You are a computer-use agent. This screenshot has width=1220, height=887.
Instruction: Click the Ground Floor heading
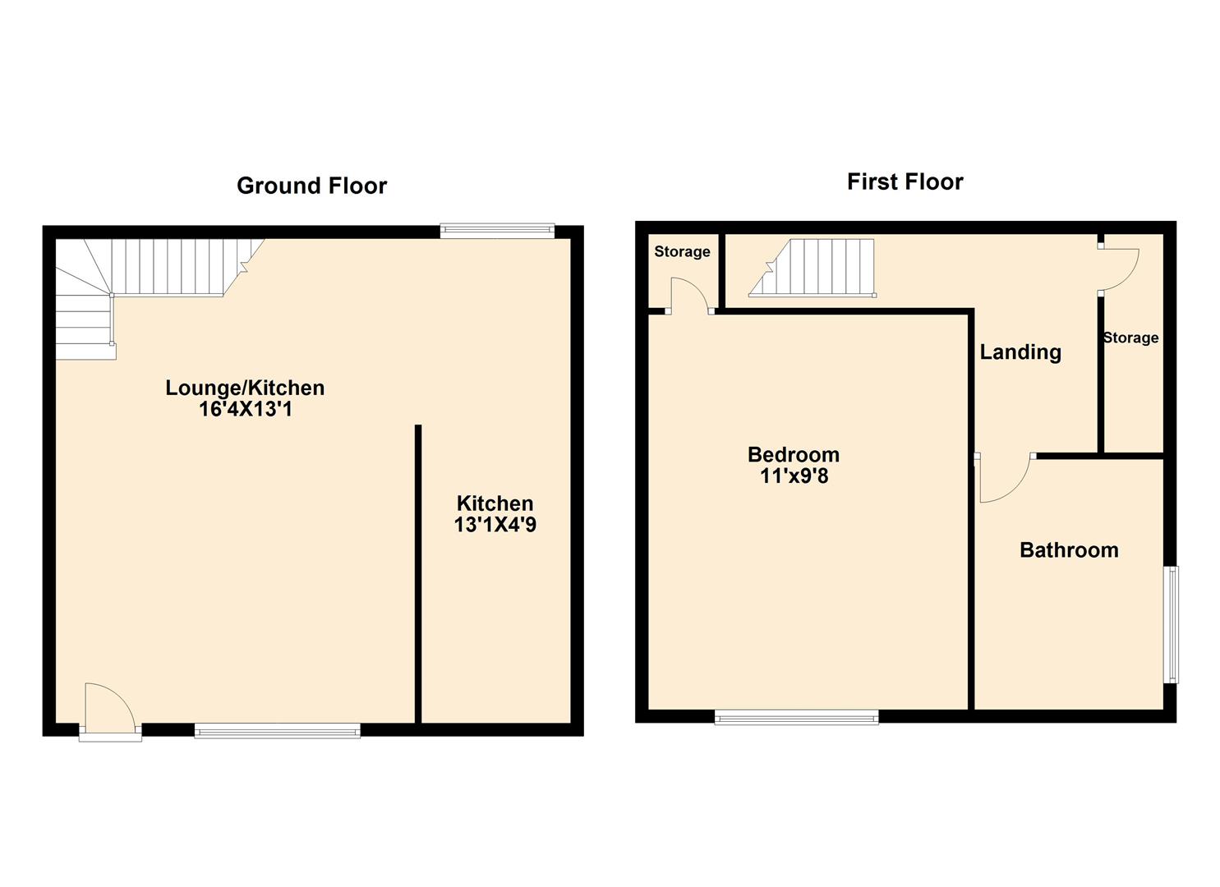pyautogui.click(x=311, y=186)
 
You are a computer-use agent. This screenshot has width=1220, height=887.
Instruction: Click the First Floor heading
pyautogui.click(x=905, y=182)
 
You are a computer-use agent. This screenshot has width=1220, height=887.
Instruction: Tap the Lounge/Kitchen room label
pyautogui.click(x=245, y=388)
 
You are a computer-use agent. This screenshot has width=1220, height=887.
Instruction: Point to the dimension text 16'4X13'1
pyautogui.click(x=245, y=409)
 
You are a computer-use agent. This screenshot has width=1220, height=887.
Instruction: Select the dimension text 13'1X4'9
pyautogui.click(x=495, y=524)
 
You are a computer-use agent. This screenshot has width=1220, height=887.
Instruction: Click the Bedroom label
pyautogui.click(x=794, y=455)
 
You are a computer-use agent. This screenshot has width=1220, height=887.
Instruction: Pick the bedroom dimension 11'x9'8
pyautogui.click(x=794, y=476)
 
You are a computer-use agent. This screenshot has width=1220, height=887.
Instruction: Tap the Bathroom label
pyautogui.click(x=1069, y=550)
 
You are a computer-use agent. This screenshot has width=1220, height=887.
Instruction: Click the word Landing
pyautogui.click(x=1020, y=352)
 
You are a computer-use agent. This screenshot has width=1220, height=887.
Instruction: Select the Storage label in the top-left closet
pyautogui.click(x=682, y=251)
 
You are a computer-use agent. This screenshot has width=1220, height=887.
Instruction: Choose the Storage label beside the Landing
pyautogui.click(x=1130, y=338)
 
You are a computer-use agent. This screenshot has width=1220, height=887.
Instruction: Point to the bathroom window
pyautogui.click(x=1172, y=624)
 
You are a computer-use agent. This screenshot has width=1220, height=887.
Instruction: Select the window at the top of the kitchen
pyautogui.click(x=497, y=231)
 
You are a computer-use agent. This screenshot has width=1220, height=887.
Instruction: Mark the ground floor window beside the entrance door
pyautogui.click(x=277, y=730)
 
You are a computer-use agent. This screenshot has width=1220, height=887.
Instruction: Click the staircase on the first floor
pyautogui.click(x=812, y=268)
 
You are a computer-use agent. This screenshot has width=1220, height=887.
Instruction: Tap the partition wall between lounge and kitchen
pyautogui.click(x=418, y=574)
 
